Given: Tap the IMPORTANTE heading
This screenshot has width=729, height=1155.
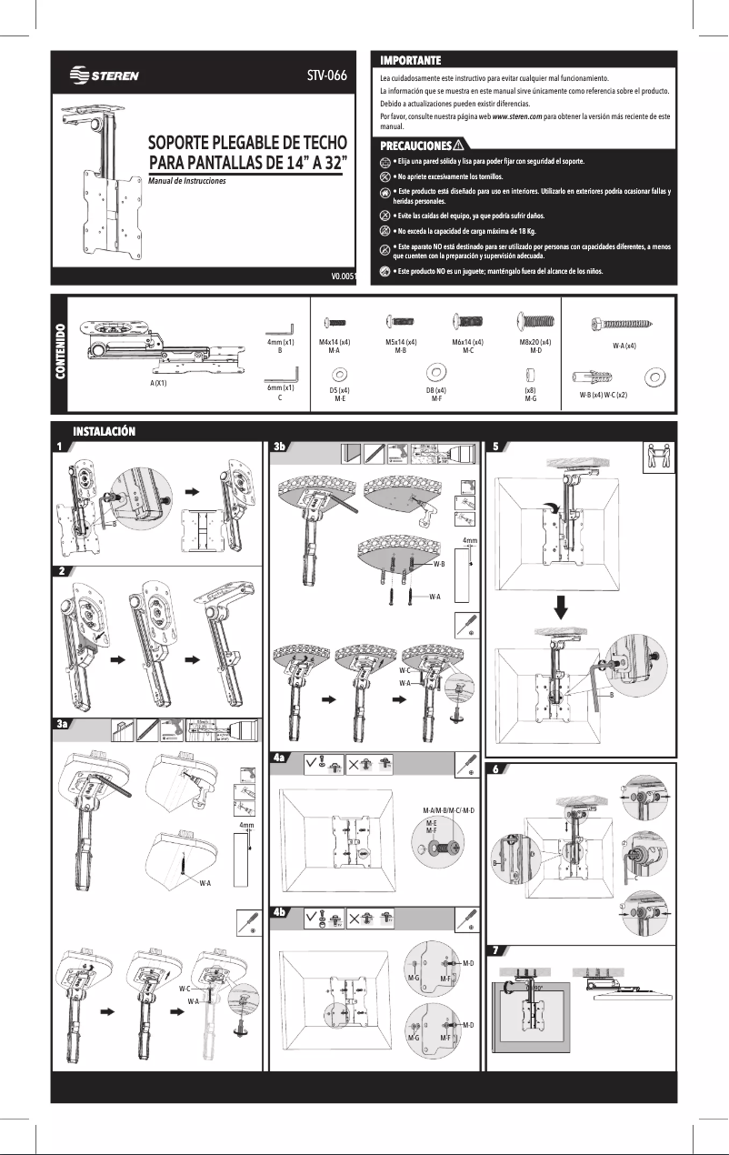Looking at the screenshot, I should pyautogui.click(x=410, y=60).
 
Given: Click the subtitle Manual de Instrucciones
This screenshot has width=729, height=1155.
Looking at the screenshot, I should pyautogui.click(x=186, y=181).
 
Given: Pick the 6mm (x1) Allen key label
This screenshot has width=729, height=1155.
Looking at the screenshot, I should pyautogui.click(x=280, y=393).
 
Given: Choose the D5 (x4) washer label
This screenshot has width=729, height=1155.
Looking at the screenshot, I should pyautogui.click(x=339, y=393).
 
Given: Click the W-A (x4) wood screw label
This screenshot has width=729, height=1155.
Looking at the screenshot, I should pyautogui.click(x=624, y=346).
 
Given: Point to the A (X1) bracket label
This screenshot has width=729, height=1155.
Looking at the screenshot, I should pyautogui.click(x=164, y=383).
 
